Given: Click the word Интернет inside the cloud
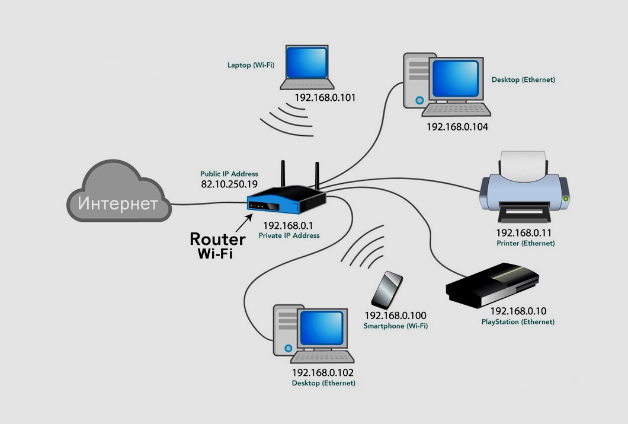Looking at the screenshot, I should [x=118, y=204].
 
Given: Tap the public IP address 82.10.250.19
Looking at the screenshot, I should [x=229, y=184].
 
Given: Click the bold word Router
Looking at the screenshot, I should [x=217, y=239].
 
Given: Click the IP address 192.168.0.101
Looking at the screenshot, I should [x=325, y=97].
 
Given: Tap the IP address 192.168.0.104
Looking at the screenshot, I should [x=457, y=126].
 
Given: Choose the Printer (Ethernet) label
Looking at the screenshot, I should [x=526, y=243].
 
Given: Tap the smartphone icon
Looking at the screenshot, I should [x=388, y=289].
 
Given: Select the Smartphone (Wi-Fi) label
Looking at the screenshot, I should [x=395, y=326].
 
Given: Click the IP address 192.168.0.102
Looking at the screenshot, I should [x=322, y=373].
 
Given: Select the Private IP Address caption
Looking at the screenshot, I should [x=289, y=235].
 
